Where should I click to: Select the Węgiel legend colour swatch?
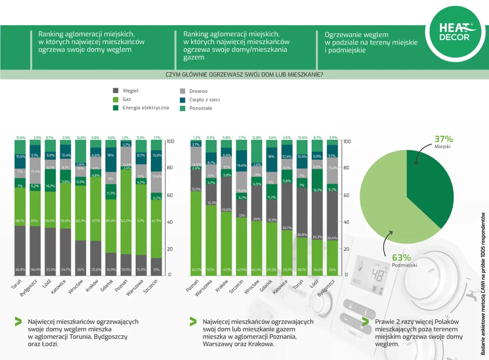pos(116,91)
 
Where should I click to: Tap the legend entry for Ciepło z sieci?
pos(204,100)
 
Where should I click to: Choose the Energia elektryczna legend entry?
pos(146,108)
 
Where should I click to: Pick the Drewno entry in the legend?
pos(198,91)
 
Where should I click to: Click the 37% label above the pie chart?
pos(444,139)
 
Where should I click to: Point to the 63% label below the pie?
pos(401,258)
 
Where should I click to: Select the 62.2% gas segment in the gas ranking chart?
pos(196,233)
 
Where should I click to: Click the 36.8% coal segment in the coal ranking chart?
pos(21,250)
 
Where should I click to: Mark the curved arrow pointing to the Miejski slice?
pos(420,154)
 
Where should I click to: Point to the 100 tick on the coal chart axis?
pos(170,141)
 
